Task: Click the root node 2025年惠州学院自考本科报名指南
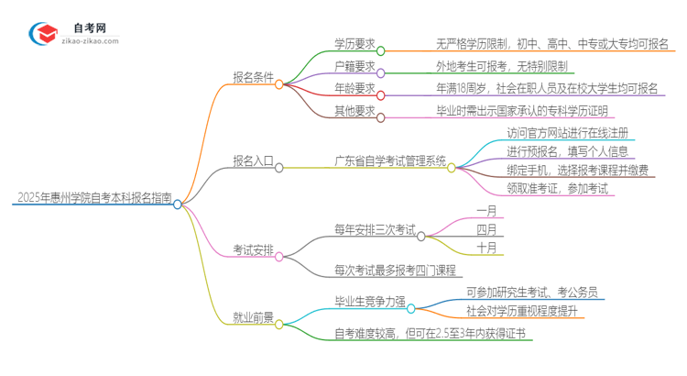(x=92, y=197)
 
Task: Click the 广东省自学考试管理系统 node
(x=390, y=161)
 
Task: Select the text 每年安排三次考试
(x=375, y=229)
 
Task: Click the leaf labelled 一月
(x=487, y=210)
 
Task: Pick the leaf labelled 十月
(x=487, y=248)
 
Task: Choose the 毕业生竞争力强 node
(x=370, y=300)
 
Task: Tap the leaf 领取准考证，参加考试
(x=559, y=189)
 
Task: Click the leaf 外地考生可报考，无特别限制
(x=503, y=66)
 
